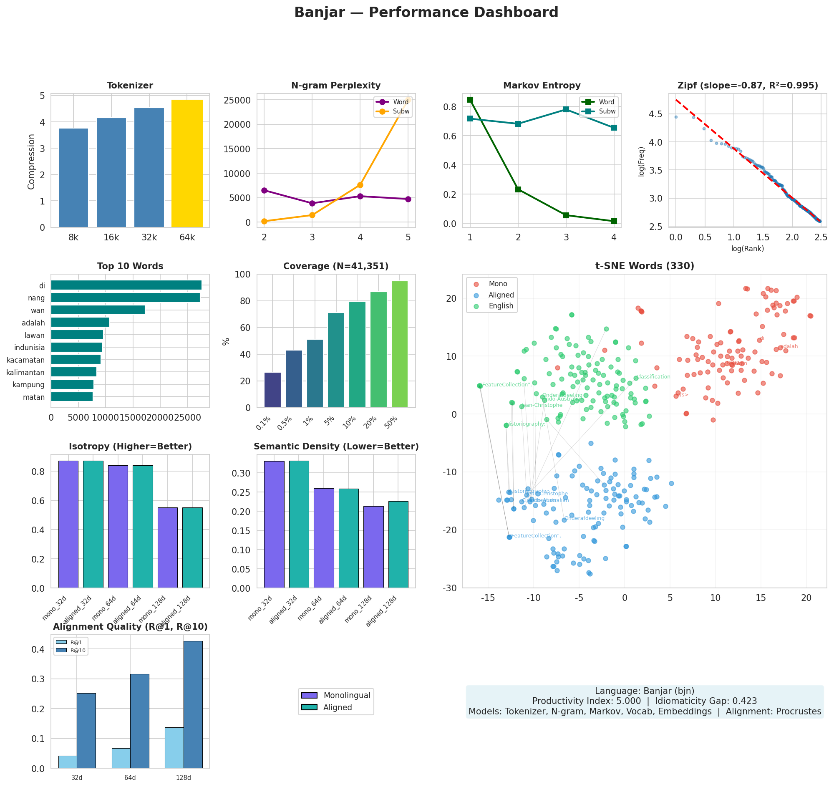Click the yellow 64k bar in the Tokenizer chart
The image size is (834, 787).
(187, 164)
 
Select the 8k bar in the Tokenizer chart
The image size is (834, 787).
(73, 178)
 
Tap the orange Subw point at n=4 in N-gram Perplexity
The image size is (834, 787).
(360, 185)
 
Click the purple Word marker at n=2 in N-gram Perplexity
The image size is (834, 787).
(264, 190)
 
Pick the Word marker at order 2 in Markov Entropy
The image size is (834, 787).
(518, 189)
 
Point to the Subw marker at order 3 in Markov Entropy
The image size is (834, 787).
(566, 109)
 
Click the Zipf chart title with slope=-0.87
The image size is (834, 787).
(748, 86)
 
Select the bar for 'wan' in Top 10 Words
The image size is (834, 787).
(98, 310)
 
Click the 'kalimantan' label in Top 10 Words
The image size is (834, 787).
(25, 373)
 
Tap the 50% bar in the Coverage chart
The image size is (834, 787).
(399, 344)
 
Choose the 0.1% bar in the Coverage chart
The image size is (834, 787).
(273, 390)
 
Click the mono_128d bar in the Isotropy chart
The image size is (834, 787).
(167, 548)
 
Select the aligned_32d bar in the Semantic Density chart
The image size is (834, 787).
(299, 525)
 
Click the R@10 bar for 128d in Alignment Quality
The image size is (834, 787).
(193, 704)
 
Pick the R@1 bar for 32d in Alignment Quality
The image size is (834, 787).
(68, 762)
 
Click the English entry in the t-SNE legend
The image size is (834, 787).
(501, 306)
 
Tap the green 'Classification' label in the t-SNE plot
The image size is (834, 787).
(653, 377)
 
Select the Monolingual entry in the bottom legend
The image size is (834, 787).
(347, 696)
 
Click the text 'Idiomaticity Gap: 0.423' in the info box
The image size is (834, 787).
(705, 701)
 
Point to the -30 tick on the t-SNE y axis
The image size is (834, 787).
(451, 588)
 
